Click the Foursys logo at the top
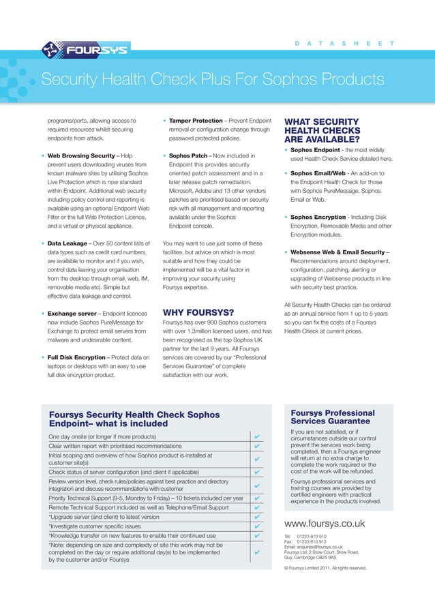pyautogui.click(x=85, y=50)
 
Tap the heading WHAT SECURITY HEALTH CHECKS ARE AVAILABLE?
pyautogui.click(x=321, y=127)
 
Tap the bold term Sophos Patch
pyautogui.click(x=192, y=155)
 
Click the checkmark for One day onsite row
pyautogui.click(x=256, y=436)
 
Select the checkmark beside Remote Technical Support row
pyautogui.click(x=256, y=507)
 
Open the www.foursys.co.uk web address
pyautogui.click(x=325, y=524)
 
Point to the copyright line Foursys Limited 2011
pyautogui.click(x=325, y=567)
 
